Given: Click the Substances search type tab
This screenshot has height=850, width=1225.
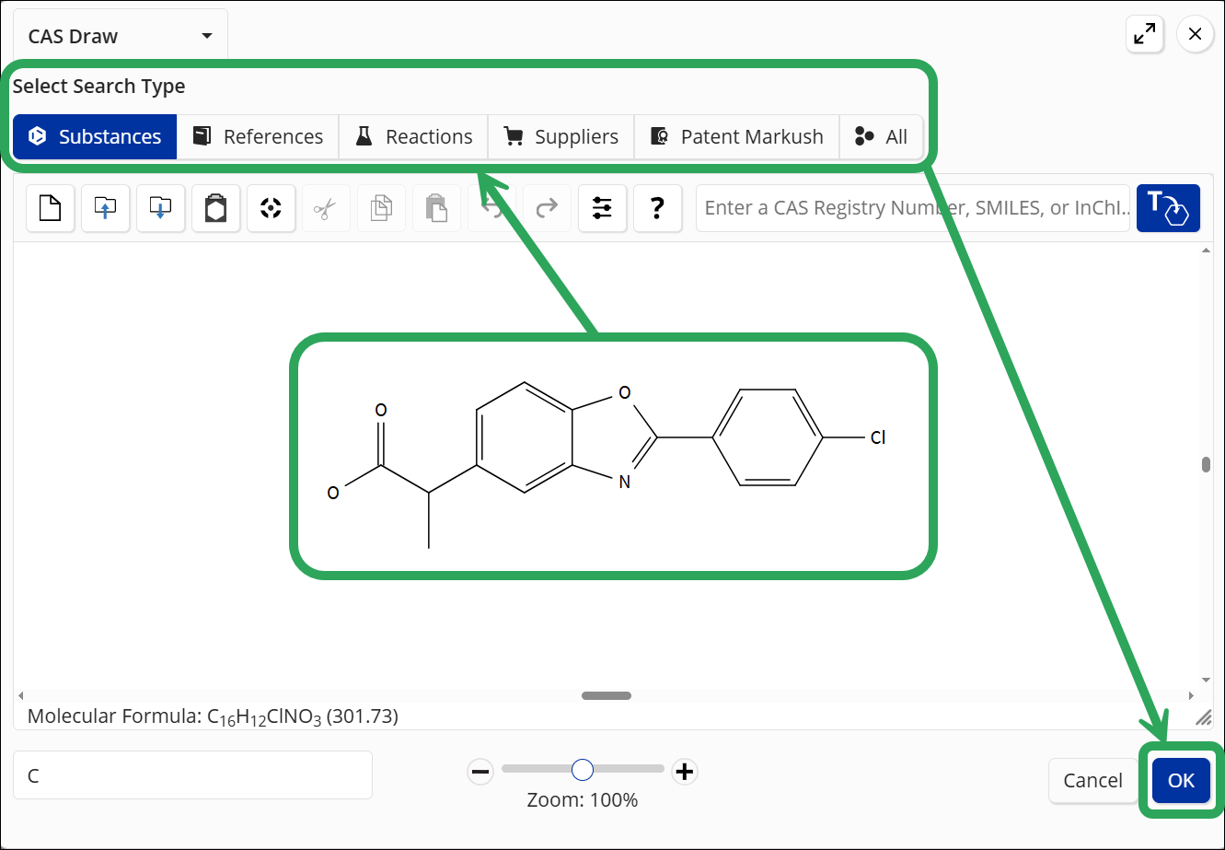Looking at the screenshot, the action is (x=95, y=136).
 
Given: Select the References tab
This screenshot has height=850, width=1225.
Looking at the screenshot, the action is (x=258, y=136).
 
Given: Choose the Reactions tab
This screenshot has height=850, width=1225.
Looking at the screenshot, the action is (x=413, y=136).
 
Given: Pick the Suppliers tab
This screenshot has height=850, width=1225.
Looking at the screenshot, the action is (x=561, y=136).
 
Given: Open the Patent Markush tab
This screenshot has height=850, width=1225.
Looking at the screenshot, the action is (x=736, y=136).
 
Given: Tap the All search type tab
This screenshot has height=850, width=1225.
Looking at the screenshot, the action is (x=881, y=136).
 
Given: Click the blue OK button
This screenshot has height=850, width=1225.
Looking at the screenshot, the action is (x=1181, y=780).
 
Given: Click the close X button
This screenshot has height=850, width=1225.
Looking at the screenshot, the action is (x=1195, y=34).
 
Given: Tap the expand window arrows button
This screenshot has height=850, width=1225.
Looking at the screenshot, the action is (x=1145, y=34).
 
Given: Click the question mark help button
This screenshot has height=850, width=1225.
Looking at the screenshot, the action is (x=657, y=208).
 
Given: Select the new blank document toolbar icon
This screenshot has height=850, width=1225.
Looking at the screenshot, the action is (x=51, y=208).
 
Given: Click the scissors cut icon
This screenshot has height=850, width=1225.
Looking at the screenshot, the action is (x=326, y=208).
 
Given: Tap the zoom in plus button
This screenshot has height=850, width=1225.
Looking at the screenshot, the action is (x=684, y=771).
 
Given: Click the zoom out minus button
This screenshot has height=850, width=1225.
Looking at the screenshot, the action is (x=480, y=771).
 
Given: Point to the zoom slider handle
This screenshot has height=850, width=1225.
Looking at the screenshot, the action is (x=583, y=770).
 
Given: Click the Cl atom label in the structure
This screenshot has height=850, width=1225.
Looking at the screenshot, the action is (x=878, y=437).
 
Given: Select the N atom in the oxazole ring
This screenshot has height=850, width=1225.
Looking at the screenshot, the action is (x=625, y=483).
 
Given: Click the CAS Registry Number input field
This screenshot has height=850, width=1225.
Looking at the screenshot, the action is (x=913, y=208).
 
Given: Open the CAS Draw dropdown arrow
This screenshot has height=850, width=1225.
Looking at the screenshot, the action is (x=207, y=36).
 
